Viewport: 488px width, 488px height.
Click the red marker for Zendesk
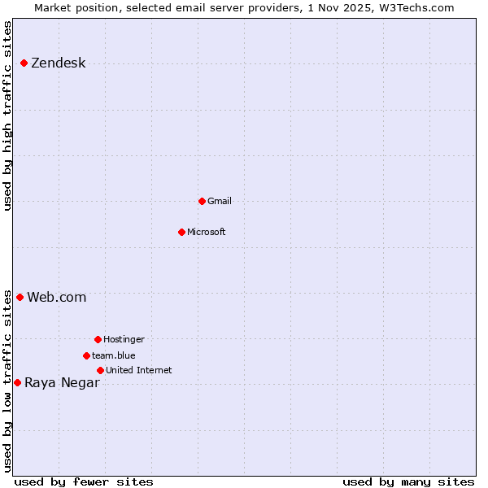24,63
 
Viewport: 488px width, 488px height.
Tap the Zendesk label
58,63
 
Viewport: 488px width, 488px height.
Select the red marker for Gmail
202,201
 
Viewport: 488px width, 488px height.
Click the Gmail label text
219,201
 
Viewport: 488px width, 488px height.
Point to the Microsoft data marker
181,232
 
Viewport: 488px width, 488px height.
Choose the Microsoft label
206,232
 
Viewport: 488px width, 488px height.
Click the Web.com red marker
20,297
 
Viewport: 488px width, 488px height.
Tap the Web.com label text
56,297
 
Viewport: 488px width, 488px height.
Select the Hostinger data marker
98,339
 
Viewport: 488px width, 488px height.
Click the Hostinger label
124,339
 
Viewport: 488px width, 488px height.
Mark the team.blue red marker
86,355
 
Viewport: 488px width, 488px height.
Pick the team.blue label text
113,355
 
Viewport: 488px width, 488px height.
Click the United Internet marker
100,370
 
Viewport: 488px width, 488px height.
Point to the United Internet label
138,370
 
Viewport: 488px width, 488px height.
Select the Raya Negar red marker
17,382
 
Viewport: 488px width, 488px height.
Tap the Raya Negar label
62,382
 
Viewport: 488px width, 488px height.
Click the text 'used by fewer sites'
84,481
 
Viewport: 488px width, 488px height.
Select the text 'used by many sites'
408,481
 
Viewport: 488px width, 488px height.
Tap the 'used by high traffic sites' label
8,115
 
